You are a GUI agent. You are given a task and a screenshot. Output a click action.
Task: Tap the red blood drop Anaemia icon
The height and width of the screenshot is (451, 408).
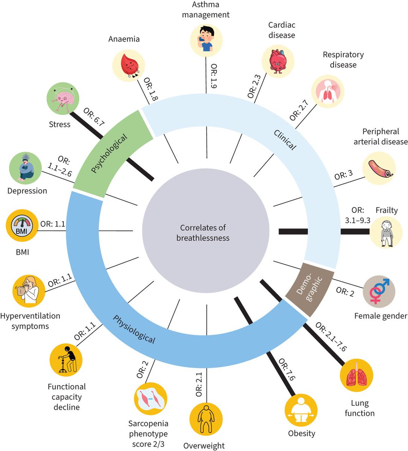[129, 65]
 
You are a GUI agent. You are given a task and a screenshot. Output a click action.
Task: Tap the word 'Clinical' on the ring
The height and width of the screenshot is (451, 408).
[284, 140]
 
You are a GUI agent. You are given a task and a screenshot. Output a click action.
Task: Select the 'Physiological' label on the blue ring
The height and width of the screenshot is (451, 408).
[134, 329]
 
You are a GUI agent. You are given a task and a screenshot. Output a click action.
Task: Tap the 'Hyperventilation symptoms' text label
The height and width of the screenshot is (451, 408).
[30, 321]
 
